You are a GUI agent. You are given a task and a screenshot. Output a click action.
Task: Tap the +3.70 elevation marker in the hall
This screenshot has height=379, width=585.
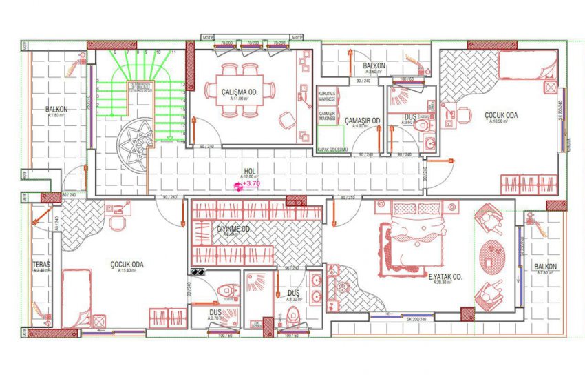tap(251, 184)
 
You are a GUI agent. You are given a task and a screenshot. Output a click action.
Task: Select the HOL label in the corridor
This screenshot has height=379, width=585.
tap(248, 171)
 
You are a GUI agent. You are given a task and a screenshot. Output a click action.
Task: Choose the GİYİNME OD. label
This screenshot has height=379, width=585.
tap(233, 229)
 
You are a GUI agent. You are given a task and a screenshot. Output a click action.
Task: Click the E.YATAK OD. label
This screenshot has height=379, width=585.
tap(445, 277)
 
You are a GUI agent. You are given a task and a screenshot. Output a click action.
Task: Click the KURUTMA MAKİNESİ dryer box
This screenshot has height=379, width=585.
tap(326, 96)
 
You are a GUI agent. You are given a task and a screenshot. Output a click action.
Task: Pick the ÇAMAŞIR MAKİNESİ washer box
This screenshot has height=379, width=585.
tap(326, 118)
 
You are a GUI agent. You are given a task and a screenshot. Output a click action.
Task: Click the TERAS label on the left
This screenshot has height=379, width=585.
tap(41, 265)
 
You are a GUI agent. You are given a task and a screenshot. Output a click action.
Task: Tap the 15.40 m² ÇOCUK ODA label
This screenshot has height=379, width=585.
tap(127, 265)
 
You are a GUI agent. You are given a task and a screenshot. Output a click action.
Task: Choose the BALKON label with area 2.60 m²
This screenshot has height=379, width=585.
tap(374, 66)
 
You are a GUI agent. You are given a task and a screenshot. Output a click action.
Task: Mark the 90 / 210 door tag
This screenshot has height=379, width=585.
tap(347, 198)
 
